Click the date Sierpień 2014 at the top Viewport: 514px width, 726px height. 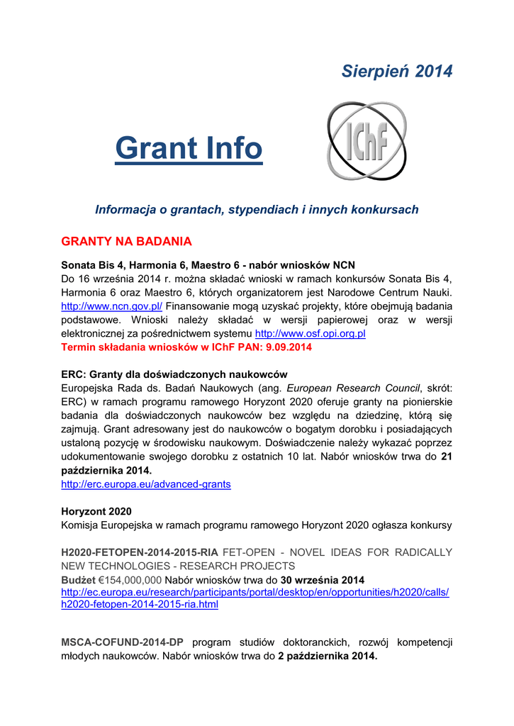pyautogui.click(x=396, y=71)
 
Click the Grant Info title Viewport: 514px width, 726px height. pyautogui.click(x=189, y=148)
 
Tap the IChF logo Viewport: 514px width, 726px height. pyautogui.click(x=367, y=141)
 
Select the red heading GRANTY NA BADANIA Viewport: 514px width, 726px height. pyautogui.click(x=126, y=242)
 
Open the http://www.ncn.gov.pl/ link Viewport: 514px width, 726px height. pyautogui.click(x=112, y=306)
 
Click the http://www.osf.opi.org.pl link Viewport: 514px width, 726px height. pyautogui.click(x=310, y=333)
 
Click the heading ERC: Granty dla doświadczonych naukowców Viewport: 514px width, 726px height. pyautogui.click(x=174, y=374)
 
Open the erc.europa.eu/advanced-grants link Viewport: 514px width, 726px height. pyautogui.click(x=146, y=484)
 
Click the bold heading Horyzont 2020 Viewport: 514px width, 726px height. pyautogui.click(x=96, y=511)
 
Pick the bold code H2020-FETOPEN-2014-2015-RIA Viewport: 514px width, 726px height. pyautogui.click(x=140, y=552)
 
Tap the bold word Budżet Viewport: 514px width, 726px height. pyautogui.click(x=78, y=579)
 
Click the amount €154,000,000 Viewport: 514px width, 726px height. pyautogui.click(x=130, y=579)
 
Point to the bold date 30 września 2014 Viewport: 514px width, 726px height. pyautogui.click(x=323, y=579)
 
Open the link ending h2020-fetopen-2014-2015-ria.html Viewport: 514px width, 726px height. pyautogui.click(x=140, y=605)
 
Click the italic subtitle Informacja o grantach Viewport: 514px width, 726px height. pyautogui.click(x=257, y=210)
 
